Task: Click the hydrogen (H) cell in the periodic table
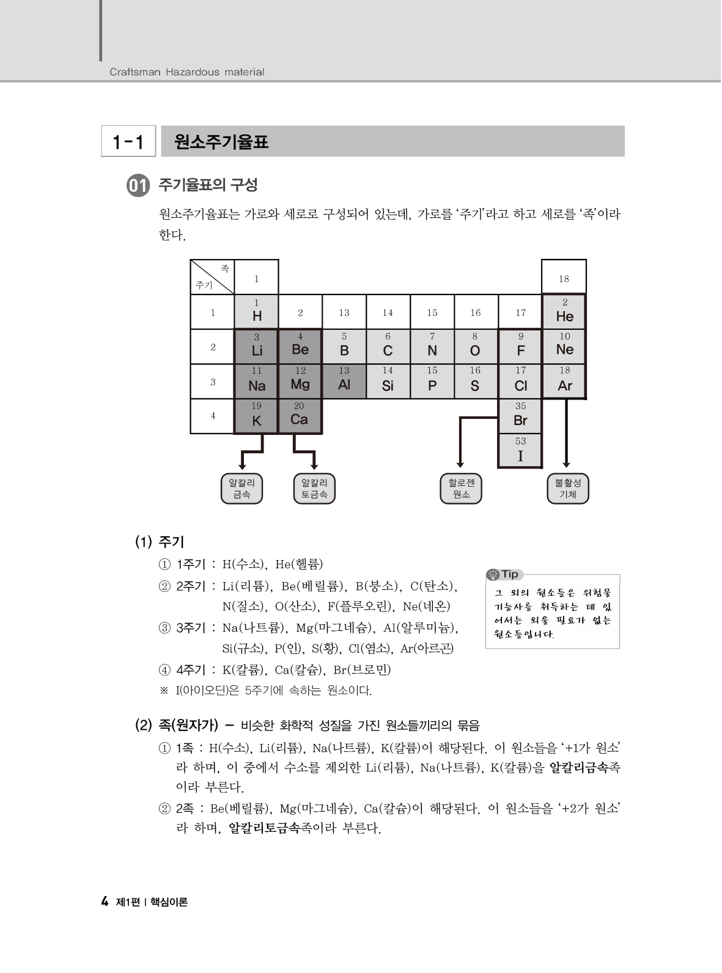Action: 257,312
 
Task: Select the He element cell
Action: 564,312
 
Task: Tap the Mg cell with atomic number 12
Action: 300,381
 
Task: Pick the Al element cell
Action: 344,381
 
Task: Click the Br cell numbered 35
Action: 520,417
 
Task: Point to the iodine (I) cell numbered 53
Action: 520,451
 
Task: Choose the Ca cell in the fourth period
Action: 300,416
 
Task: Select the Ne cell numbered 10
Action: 564,346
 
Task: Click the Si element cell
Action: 388,381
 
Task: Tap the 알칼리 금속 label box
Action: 241,489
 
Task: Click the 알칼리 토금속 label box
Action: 314,489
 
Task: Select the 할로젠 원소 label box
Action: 461,489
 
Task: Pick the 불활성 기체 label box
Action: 567,489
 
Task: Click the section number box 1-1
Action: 128,142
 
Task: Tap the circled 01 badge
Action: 138,186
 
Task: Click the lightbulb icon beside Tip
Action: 493,575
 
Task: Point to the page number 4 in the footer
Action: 105,902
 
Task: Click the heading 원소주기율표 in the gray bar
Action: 221,142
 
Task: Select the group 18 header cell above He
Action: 564,279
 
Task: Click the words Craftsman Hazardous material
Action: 186,72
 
